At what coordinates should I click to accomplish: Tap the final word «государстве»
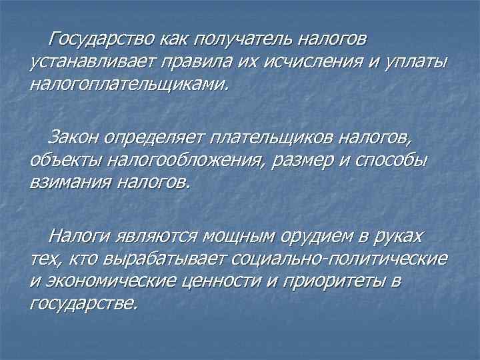83,303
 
